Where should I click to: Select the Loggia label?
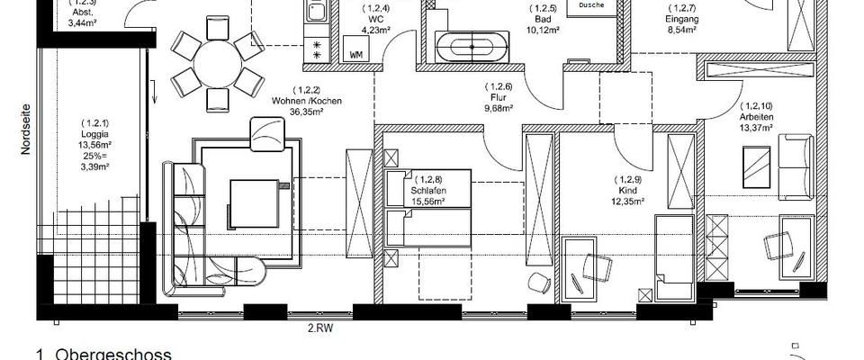[x=94, y=133]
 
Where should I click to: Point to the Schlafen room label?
[x=428, y=191]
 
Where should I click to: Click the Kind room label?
[x=627, y=191]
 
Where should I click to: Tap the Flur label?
[x=498, y=97]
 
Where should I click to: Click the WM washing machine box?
[x=356, y=54]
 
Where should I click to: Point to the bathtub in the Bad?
[x=472, y=45]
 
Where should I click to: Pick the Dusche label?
[x=591, y=5]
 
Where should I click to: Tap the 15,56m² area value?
[x=428, y=202]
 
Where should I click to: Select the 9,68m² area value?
[x=498, y=108]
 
